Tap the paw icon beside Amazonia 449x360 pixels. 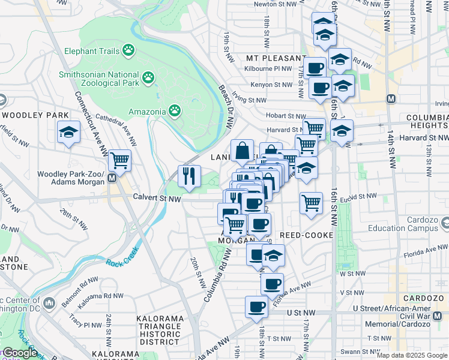175,110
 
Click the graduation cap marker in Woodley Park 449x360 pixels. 69,132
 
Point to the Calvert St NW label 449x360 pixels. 157,197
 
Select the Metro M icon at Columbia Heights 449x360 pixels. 391,98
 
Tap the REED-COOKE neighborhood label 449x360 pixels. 307,235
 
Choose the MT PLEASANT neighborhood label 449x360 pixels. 276,58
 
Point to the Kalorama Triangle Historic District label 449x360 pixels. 160,330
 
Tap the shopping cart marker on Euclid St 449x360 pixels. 311,203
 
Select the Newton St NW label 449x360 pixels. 276,4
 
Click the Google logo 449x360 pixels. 19,353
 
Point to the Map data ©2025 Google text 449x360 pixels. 412,355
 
